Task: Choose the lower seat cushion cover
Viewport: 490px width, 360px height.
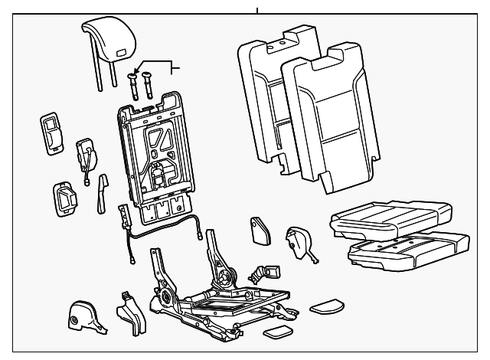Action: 405,249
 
